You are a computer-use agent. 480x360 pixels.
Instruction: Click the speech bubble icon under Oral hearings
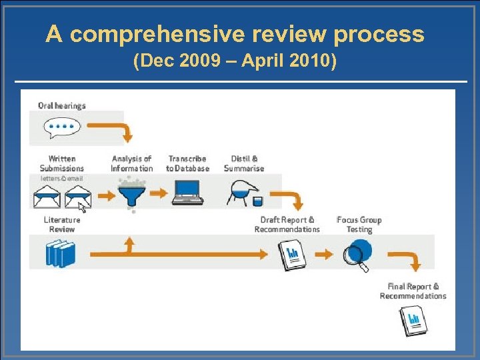61,126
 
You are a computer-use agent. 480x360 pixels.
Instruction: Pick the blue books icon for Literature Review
60,254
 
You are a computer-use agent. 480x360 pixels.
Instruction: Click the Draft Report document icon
291,255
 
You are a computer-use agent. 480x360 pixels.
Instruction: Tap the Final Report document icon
413,321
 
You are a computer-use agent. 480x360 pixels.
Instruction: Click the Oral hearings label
62,105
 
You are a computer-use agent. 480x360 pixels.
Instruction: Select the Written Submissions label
62,163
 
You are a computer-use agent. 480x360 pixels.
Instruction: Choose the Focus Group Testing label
359,225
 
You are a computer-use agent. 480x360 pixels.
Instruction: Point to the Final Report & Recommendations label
413,291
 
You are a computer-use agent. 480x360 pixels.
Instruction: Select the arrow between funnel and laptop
159,194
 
